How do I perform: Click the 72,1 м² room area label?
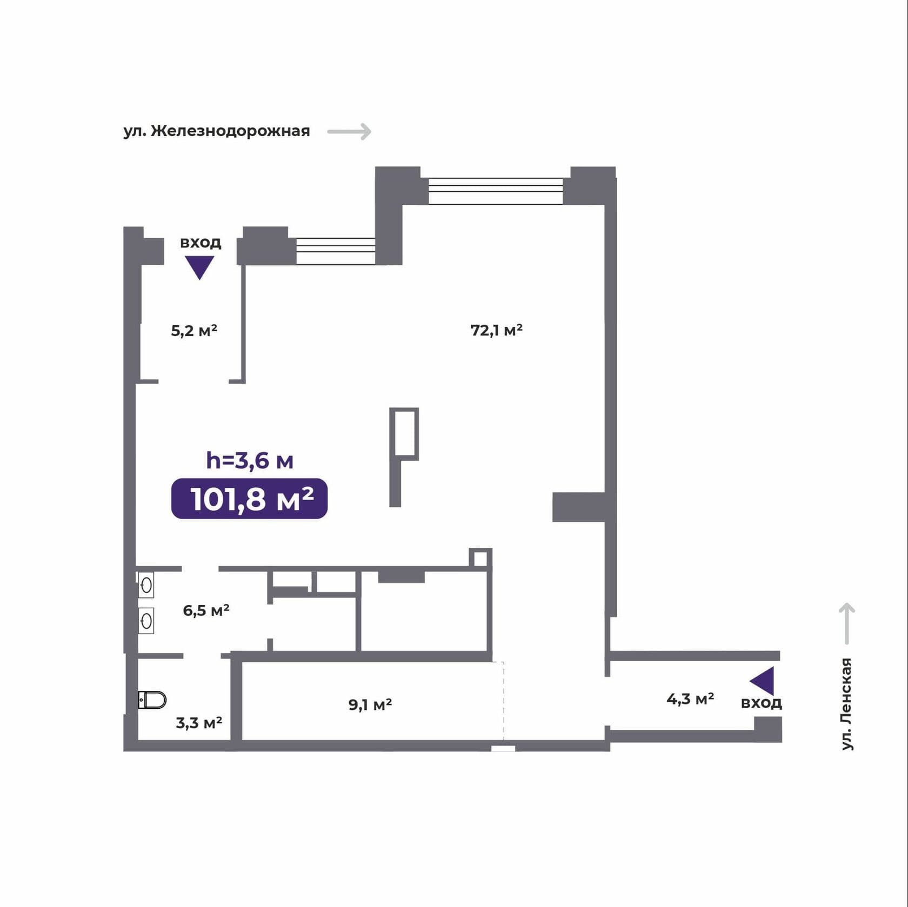click(496, 330)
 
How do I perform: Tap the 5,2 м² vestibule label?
click(194, 330)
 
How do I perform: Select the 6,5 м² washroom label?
click(206, 610)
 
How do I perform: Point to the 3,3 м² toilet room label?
click(199, 723)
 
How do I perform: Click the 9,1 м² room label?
click(370, 704)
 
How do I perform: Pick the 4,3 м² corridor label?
click(690, 699)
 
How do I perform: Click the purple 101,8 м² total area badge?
click(249, 499)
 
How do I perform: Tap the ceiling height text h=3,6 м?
click(250, 460)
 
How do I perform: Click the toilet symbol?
click(152, 700)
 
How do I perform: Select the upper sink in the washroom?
click(146, 585)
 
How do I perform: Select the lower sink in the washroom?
click(146, 621)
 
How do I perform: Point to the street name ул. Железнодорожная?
click(217, 131)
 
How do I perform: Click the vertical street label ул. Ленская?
click(846, 704)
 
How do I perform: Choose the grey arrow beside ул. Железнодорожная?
click(350, 131)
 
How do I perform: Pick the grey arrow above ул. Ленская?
click(846, 623)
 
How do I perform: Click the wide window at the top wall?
click(496, 191)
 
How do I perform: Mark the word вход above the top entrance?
click(201, 243)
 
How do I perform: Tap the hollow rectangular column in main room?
click(404, 434)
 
